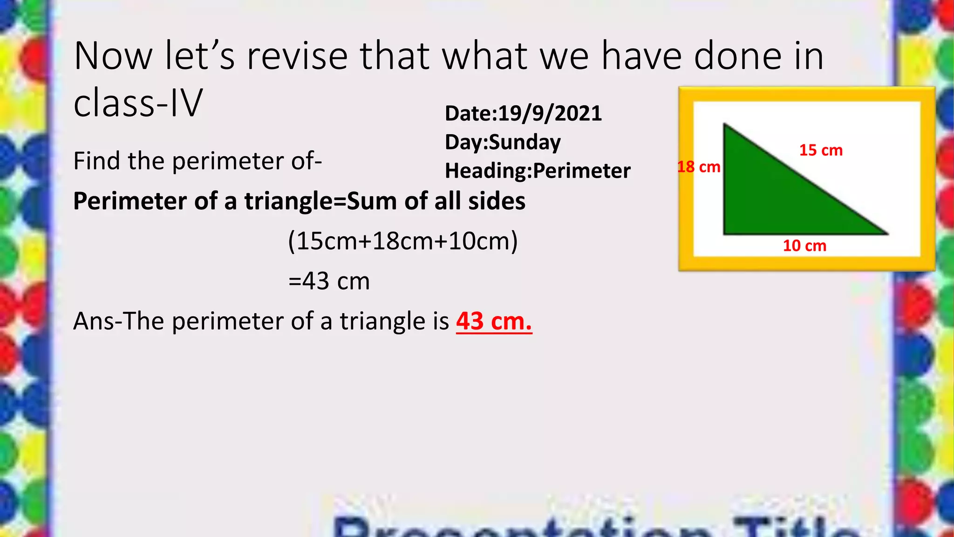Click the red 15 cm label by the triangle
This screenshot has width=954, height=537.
[821, 150]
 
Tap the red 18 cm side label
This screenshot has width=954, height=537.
[698, 167]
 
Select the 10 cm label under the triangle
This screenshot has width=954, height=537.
[804, 246]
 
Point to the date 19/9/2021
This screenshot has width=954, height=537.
[550, 113]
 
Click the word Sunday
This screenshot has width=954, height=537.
[525, 142]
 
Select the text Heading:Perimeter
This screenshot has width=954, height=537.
[538, 171]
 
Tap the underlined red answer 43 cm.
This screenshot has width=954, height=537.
[494, 321]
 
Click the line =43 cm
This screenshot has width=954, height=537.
[329, 281]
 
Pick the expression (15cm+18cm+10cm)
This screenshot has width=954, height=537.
[403, 241]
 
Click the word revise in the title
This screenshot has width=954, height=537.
[297, 56]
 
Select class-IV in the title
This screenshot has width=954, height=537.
[138, 103]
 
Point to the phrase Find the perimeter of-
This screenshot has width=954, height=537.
[198, 161]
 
